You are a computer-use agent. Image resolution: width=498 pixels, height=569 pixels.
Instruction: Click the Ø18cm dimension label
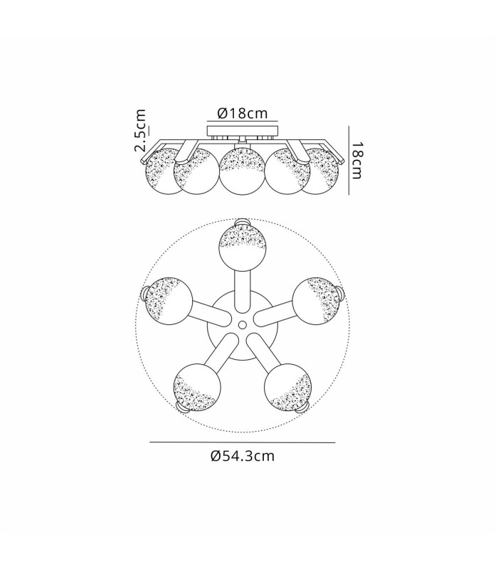[x=243, y=113]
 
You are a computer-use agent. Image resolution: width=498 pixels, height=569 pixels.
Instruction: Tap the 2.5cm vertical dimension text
[x=140, y=130]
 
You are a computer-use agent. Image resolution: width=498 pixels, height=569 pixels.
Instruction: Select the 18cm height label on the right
[x=356, y=161]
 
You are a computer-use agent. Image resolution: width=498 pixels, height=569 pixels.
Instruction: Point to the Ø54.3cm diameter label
[x=243, y=456]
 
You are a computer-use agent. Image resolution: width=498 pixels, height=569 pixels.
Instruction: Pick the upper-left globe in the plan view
[x=169, y=301]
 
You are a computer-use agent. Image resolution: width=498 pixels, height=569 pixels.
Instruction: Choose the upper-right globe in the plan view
[x=316, y=301]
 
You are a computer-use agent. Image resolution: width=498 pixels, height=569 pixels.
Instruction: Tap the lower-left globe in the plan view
[x=197, y=387]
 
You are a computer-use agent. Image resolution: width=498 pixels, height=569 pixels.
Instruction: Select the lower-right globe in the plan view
[x=288, y=387]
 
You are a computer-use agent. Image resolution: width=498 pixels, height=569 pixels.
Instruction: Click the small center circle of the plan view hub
[x=243, y=324]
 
